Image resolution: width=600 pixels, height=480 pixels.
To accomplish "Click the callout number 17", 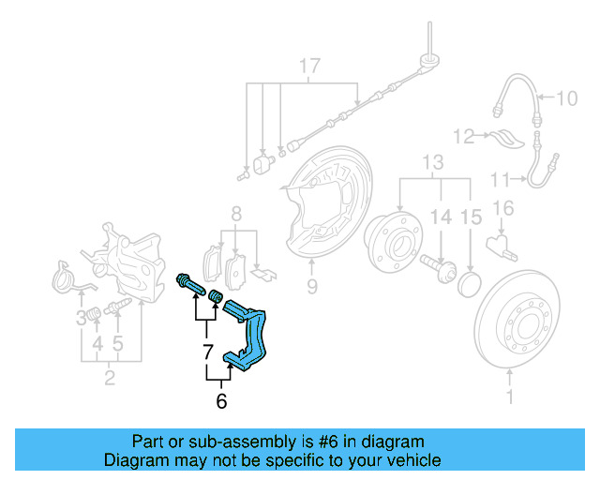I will [x=309, y=67].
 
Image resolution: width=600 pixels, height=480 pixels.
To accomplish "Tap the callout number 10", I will [x=569, y=97].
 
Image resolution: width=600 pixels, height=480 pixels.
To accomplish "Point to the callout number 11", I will [x=500, y=178].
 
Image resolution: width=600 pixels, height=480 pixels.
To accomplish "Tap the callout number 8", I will [x=237, y=214].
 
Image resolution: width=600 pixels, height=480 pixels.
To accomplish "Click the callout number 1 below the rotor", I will [x=511, y=400].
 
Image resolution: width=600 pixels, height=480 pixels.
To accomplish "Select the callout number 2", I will [x=110, y=379].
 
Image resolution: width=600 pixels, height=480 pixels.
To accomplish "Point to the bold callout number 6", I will [x=221, y=401].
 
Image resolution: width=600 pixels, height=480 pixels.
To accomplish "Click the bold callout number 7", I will [x=207, y=353].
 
